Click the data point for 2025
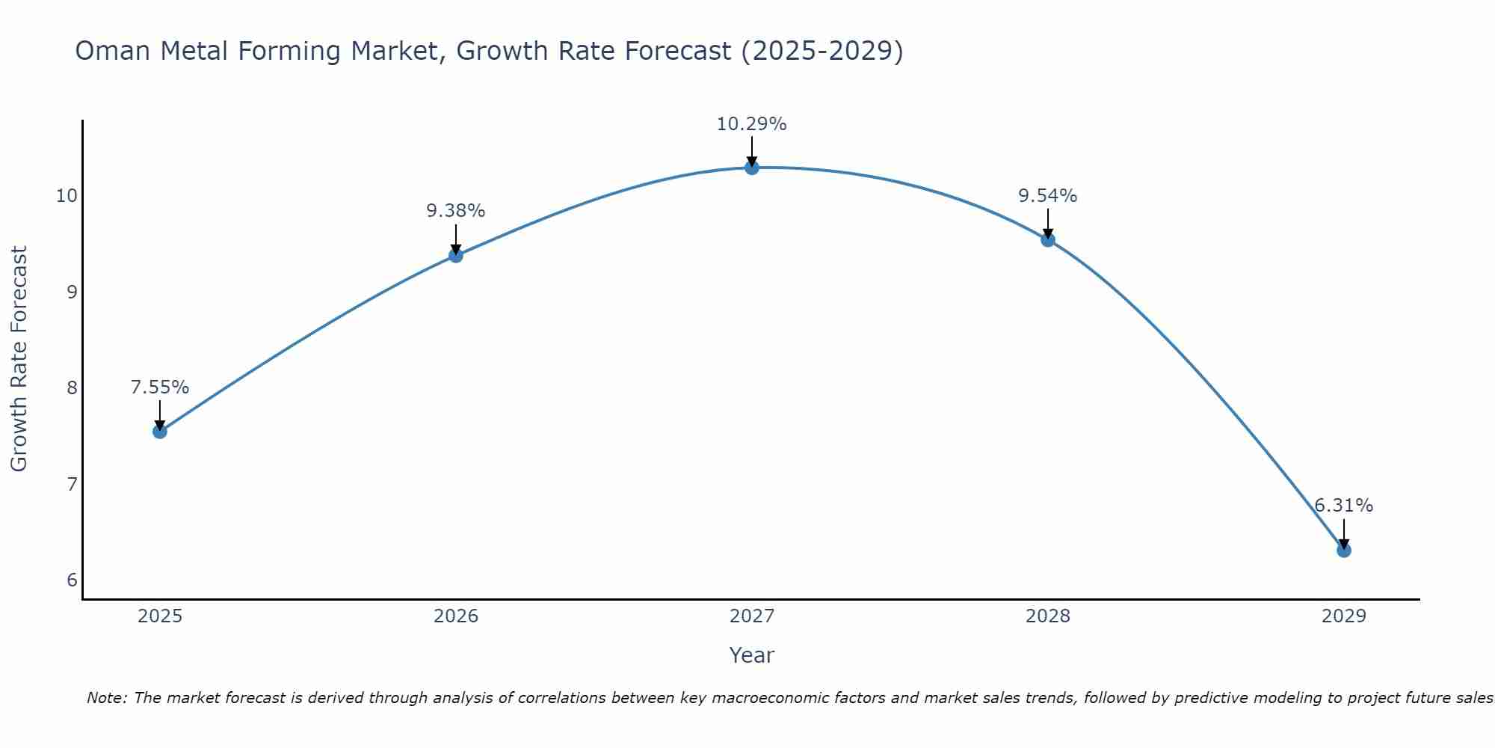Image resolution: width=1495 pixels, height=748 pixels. click(159, 432)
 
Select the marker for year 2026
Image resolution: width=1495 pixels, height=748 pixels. click(455, 256)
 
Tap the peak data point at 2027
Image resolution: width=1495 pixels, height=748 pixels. click(751, 168)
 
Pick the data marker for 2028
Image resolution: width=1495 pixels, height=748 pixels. click(1047, 240)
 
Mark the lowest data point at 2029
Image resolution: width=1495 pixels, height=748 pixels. click(1343, 551)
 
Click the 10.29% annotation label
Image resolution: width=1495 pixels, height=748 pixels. click(751, 124)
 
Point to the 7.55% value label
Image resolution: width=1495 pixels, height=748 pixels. click(159, 387)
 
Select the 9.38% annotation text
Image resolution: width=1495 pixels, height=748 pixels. click(455, 211)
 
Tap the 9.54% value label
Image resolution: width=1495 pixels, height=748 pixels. click(1047, 196)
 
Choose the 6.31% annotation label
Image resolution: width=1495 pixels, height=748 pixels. click(1343, 506)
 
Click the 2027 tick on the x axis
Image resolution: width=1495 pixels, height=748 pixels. click(751, 616)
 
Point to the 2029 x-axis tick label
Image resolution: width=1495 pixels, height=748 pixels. click(1343, 616)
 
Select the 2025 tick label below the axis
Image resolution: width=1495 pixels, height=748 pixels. click(160, 616)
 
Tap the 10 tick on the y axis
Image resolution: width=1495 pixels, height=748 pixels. click(67, 196)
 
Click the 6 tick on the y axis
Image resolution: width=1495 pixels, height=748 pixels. click(72, 580)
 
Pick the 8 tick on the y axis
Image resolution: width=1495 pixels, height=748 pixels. click(72, 388)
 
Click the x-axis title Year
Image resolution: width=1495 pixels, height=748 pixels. click(751, 655)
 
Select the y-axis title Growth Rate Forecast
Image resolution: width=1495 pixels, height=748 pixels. click(19, 358)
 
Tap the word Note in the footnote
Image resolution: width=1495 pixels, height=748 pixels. click(106, 698)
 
